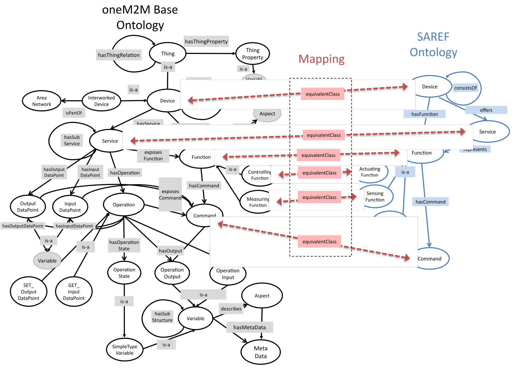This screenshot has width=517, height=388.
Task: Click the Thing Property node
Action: coord(253,54)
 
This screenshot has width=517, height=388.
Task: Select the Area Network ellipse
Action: coord(42,101)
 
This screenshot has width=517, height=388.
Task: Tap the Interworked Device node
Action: coord(102,101)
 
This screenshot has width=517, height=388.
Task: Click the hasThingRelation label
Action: coord(119,55)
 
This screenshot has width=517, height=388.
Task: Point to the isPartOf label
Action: coord(74,113)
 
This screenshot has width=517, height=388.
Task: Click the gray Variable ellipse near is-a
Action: coord(47,261)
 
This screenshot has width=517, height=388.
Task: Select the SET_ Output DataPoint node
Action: coord(29,291)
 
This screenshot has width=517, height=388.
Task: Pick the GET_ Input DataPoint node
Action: coord(74,291)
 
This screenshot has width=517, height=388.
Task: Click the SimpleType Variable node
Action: coord(125,350)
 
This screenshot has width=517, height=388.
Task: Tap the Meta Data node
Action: coord(260,352)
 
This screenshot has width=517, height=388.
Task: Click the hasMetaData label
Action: coord(249,327)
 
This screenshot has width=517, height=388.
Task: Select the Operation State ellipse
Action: coord(124,273)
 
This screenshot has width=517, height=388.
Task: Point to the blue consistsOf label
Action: coord(465,88)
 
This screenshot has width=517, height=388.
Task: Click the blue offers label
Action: coord(486,110)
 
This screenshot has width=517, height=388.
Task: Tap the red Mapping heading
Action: coord(322,59)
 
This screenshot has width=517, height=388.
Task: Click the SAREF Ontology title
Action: coord(433,45)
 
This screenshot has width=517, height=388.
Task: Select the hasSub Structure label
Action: coord(162,317)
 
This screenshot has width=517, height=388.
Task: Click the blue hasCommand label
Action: coord(430,202)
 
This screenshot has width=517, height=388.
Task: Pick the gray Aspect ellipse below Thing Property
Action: coord(267,114)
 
